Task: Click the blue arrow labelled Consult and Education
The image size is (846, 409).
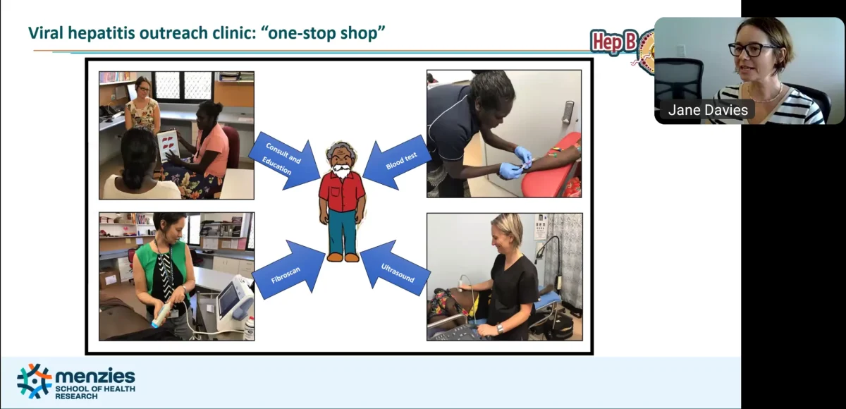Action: (x=285, y=161)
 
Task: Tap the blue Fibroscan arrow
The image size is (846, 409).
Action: (x=290, y=270)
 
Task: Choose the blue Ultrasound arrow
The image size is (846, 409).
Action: (x=394, y=269)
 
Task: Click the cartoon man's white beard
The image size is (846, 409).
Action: (x=342, y=171)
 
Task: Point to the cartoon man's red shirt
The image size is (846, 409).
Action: (x=342, y=192)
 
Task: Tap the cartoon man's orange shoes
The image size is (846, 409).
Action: (x=343, y=257)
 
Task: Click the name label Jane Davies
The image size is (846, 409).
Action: (x=708, y=110)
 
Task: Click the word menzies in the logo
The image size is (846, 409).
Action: (x=95, y=376)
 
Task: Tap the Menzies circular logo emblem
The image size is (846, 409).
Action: (x=34, y=381)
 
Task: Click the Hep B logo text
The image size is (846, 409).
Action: (x=614, y=41)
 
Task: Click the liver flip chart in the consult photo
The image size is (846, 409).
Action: (x=168, y=145)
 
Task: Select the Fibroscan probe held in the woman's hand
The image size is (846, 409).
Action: (x=161, y=315)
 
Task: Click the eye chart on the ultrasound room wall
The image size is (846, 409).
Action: (x=541, y=226)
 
